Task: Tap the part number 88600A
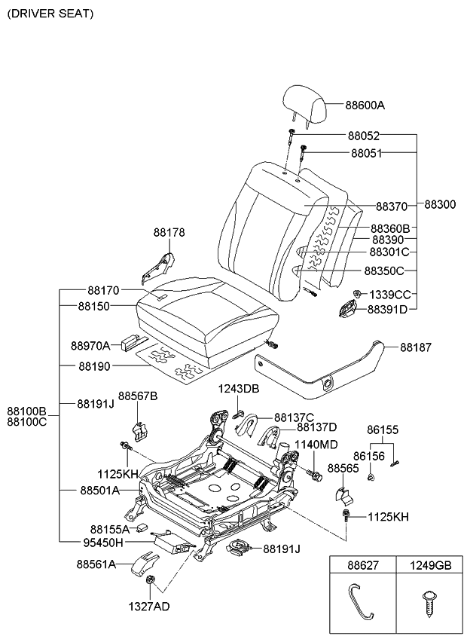365,106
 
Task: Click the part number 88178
169,233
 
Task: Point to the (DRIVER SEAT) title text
50,14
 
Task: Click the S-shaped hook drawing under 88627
359,603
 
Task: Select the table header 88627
359,565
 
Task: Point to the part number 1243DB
238,389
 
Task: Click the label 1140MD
316,445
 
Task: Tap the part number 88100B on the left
28,411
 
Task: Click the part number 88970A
90,346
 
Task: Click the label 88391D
387,309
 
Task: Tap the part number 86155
382,430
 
